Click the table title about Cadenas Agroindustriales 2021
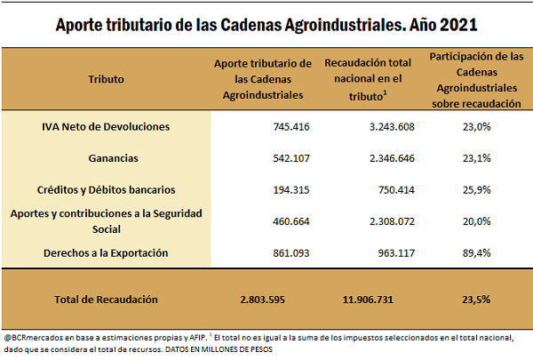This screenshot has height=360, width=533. tap(266, 23)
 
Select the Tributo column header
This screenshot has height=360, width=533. tap(106, 78)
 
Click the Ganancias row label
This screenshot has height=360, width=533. tap(106, 158)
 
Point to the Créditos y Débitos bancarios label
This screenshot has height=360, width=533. tap(106, 189)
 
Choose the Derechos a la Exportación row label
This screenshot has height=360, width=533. tap(106, 253)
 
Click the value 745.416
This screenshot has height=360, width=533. tap(291, 126)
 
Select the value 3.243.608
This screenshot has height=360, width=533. tap(389, 126)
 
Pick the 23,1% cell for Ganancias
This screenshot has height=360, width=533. tap(476, 158)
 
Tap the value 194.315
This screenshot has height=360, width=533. tap(291, 189)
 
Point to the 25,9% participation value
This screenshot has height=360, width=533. tap(476, 189)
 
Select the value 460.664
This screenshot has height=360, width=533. tap(291, 221)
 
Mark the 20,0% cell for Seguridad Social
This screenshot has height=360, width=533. tap(476, 221)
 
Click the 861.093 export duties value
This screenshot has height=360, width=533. tap(291, 253)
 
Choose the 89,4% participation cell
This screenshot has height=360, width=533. tap(476, 253)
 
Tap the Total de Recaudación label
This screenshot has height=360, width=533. tap(106, 300)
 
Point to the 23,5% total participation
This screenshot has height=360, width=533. tap(476, 300)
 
